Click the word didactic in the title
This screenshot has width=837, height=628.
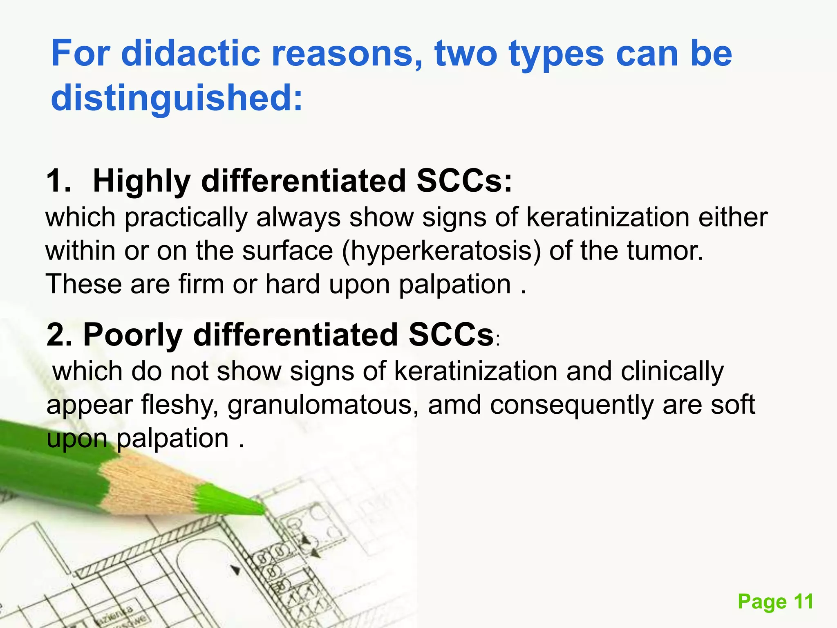(x=190, y=54)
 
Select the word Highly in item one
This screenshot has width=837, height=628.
(x=141, y=181)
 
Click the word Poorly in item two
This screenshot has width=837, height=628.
(x=132, y=335)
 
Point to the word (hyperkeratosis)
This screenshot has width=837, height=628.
(x=441, y=251)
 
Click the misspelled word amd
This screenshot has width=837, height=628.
(x=454, y=405)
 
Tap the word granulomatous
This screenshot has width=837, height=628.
(x=323, y=406)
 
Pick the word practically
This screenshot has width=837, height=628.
(x=186, y=218)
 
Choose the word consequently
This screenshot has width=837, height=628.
(x=572, y=406)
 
